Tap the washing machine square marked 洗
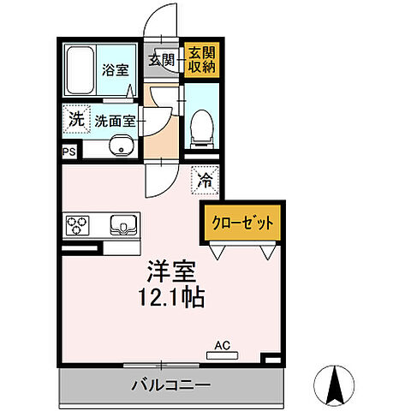76,120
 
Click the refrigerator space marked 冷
205,179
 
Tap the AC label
223,346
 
